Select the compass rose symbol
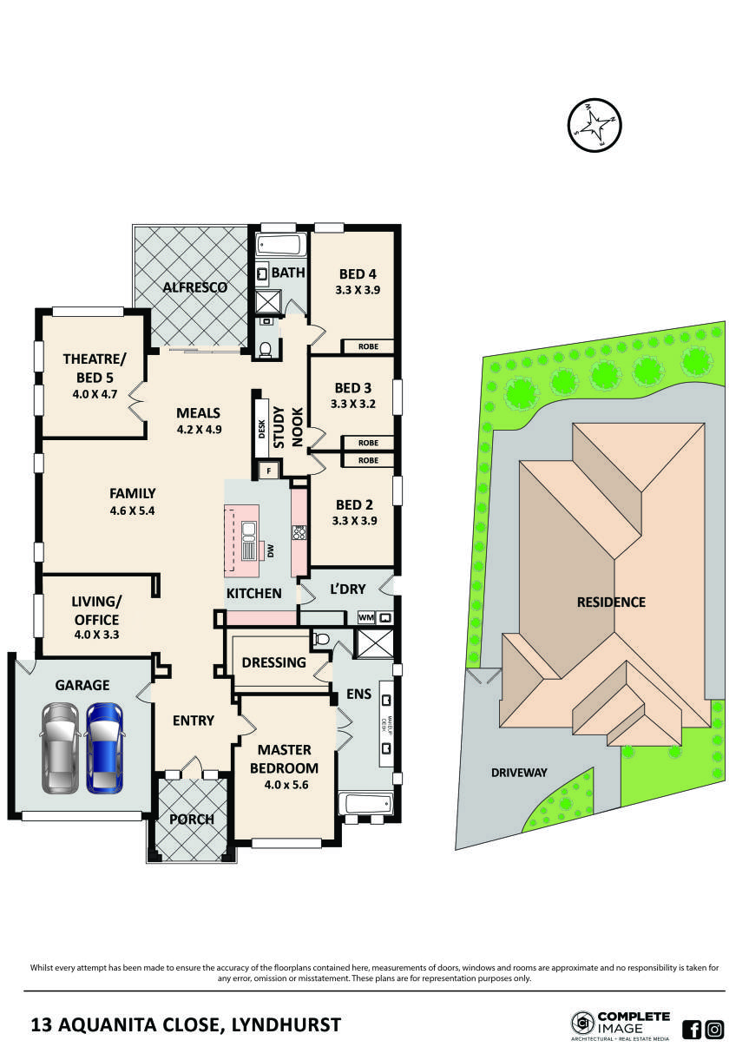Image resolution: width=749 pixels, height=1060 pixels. [595, 125]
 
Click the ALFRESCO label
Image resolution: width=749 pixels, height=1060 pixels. [196, 287]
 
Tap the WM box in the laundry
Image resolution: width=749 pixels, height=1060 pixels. [366, 618]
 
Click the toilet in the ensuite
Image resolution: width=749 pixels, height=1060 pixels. [321, 639]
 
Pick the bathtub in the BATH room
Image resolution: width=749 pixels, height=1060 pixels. [279, 245]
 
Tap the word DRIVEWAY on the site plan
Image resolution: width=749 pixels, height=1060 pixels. [519, 772]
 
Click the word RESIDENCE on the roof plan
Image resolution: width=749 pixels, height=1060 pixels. [611, 602]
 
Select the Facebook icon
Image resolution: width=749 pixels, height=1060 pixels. [692, 1030]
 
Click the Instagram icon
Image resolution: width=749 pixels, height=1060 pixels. [714, 1030]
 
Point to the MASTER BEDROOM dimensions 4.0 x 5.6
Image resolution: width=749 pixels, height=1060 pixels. [284, 785]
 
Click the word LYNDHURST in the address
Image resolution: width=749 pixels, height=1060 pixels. [286, 1025]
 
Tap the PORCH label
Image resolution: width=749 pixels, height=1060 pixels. [191, 819]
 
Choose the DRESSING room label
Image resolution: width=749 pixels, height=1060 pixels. [274, 662]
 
